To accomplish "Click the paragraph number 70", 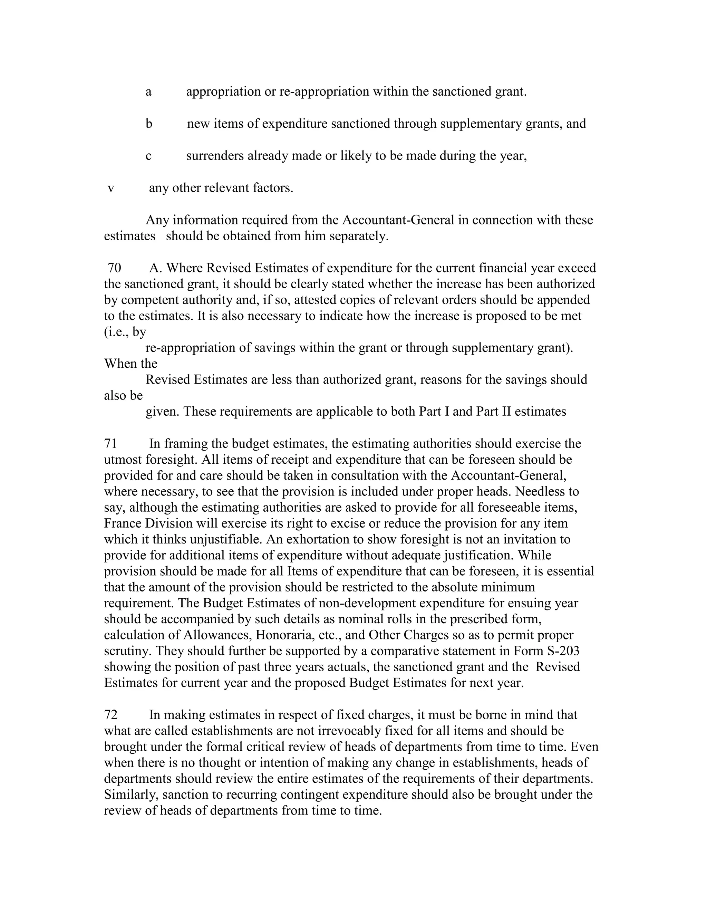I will pyautogui.click(x=114, y=268).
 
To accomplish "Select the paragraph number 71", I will pyautogui.click(x=110, y=444).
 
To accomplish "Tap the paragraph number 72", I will pyautogui.click(x=110, y=715).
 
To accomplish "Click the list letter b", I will pyautogui.click(x=149, y=124).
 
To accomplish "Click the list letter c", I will pyautogui.click(x=148, y=156).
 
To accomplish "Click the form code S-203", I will pyautogui.click(x=561, y=651).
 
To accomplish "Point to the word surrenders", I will pyautogui.click(x=215, y=156).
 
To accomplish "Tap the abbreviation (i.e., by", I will pyautogui.click(x=125, y=332).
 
